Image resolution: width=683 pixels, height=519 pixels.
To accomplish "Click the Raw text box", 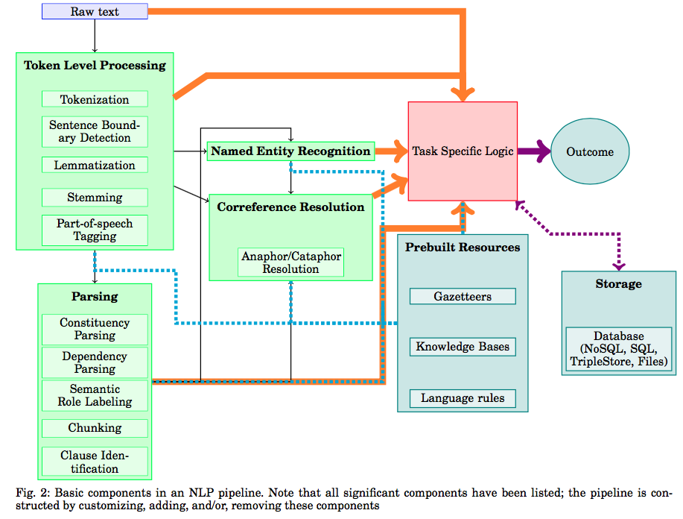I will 95,11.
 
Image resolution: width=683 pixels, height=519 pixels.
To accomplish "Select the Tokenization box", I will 95,99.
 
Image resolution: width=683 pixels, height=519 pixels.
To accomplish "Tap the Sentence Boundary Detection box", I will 95,132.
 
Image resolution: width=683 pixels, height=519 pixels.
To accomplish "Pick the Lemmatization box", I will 95,165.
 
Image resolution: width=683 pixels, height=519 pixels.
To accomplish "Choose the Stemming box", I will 95,198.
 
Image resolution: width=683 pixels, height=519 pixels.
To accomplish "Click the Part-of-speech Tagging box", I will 95,230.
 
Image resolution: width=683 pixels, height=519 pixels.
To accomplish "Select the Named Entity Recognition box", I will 290,151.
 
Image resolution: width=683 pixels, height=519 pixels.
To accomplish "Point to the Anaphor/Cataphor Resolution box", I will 290,262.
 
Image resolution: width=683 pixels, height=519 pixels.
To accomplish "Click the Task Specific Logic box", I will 463,151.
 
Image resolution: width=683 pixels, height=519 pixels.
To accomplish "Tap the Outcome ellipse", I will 590,151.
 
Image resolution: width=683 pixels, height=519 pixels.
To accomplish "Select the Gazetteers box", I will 463,296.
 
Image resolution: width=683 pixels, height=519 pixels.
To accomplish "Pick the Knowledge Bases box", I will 463,347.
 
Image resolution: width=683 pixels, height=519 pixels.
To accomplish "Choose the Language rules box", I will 463,397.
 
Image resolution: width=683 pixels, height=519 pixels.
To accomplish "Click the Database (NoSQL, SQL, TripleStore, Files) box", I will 619,349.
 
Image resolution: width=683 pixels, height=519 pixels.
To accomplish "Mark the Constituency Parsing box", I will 95,329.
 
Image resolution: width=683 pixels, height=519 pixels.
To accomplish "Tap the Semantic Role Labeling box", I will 95,395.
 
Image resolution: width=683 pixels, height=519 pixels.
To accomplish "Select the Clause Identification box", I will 95,462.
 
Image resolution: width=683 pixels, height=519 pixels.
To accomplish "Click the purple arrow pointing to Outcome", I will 533,151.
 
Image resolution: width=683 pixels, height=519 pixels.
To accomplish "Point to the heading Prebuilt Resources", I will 463,248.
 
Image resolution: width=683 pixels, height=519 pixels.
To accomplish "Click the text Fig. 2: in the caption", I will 32,492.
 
